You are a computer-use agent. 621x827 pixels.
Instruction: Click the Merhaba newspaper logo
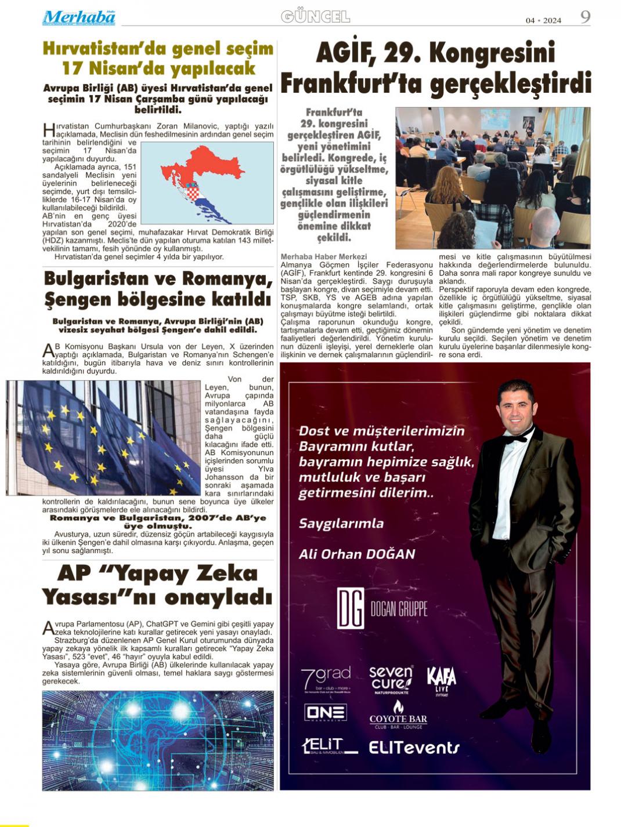(x=78, y=17)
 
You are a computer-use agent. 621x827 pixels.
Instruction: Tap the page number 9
(x=585, y=17)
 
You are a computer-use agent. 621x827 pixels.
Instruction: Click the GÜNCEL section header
(x=315, y=17)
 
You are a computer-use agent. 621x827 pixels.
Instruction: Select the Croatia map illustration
(x=207, y=183)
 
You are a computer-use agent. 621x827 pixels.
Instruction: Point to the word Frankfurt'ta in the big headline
(x=351, y=84)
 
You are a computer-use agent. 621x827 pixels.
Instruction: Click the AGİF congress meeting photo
(x=493, y=177)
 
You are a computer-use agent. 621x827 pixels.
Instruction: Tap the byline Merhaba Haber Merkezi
(x=323, y=256)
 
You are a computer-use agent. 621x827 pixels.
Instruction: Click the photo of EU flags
(x=103, y=438)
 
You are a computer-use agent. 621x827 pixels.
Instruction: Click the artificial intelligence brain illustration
(x=158, y=740)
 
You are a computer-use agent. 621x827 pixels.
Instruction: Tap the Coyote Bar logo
(x=398, y=715)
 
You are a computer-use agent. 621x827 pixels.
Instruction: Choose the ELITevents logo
(x=414, y=748)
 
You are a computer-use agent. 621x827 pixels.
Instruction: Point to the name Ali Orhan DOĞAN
(x=357, y=554)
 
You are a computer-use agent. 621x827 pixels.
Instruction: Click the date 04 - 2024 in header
(x=543, y=20)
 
